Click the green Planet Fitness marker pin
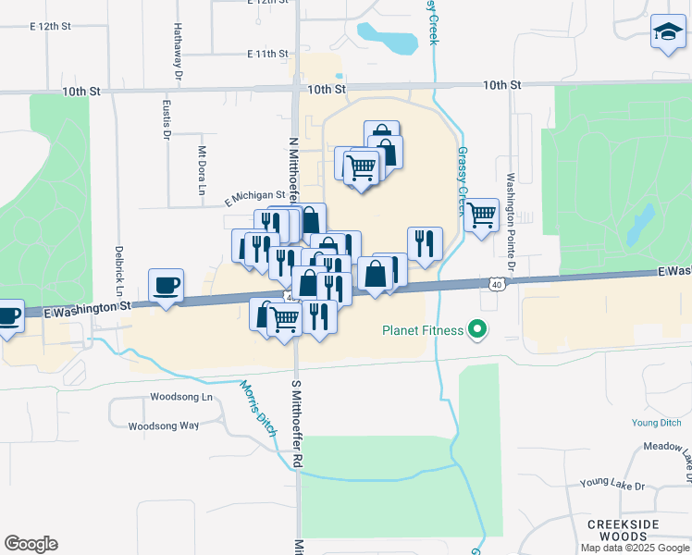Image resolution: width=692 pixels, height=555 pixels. pyautogui.click(x=477, y=328)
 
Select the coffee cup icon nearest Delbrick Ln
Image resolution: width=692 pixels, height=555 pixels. pyautogui.click(x=167, y=286)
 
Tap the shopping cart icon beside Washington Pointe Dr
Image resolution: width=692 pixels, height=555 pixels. pyautogui.click(x=482, y=216)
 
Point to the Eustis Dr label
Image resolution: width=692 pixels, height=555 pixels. pyautogui.click(x=167, y=118)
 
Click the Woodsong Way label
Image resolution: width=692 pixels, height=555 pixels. pyautogui.click(x=164, y=426)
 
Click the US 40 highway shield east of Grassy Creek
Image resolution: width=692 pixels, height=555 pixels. pyautogui.click(x=498, y=285)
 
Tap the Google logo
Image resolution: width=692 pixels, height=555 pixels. pyautogui.click(x=31, y=544)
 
